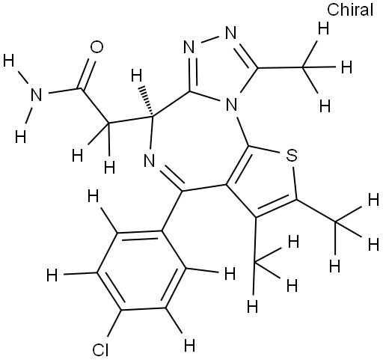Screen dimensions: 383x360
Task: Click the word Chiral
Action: tap(350, 10)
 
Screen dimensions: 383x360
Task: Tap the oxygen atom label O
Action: tap(96, 47)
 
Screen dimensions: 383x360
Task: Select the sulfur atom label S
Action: tap(292, 155)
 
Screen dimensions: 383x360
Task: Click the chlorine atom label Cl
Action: tap(101, 350)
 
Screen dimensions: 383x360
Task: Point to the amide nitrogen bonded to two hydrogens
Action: tap(36, 95)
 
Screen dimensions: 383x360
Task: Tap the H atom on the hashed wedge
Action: tap(137, 76)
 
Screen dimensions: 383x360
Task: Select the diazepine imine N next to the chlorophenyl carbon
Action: tap(150, 160)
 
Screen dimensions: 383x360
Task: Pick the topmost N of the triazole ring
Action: tap(230, 33)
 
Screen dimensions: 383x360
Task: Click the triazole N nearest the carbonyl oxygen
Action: tap(189, 47)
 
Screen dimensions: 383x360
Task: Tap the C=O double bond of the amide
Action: tap(87, 74)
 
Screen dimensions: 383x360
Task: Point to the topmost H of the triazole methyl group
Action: tap(323, 29)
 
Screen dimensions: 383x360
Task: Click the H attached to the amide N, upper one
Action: tap(9, 61)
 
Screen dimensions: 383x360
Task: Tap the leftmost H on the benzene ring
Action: tap(52, 275)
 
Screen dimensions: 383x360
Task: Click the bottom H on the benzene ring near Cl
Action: tap(189, 346)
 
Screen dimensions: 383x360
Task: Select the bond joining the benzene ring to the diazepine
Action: tap(173, 211)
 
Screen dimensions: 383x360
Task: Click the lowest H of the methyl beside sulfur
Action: tap(335, 266)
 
